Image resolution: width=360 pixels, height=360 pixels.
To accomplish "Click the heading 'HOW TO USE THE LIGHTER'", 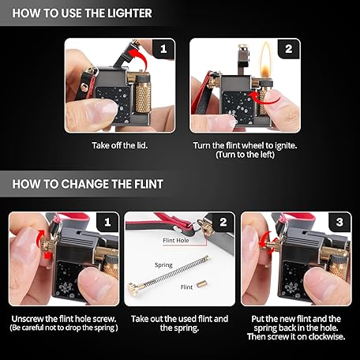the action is pos(82,13).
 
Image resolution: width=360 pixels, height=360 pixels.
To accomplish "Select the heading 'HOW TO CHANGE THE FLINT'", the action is pos(88,184).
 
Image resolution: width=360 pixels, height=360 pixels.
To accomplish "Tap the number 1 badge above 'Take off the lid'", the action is pos(163,49).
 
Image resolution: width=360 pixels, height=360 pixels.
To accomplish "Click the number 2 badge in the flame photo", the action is pos(289,49).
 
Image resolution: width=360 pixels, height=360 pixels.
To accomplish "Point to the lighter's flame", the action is pos(266,60).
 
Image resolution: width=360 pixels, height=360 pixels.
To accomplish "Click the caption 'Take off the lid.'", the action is pos(120,145).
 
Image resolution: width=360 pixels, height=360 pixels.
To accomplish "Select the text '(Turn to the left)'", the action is pos(245,155).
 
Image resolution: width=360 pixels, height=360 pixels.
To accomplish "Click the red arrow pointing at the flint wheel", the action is pos(264,99).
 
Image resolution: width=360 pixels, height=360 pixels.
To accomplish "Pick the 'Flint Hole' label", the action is pos(176,240).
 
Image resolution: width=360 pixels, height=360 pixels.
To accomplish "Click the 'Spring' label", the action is pos(163,265).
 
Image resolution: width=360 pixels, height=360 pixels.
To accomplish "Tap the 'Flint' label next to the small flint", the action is pos(186,287).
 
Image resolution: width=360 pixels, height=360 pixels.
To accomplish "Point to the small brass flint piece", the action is pos(201,285).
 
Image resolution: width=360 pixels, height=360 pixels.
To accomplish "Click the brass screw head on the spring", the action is pos(133,289).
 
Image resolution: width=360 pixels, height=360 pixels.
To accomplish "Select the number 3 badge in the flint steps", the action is pos(339,222).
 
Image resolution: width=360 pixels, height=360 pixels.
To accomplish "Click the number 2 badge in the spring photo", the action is pos(223,222).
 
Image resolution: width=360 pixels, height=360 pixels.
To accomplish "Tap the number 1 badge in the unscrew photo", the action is pos(107,222).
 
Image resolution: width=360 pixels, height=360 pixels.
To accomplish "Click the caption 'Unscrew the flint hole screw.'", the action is pos(64,319).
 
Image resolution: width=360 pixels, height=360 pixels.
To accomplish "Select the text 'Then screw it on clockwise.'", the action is pos(296,337).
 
